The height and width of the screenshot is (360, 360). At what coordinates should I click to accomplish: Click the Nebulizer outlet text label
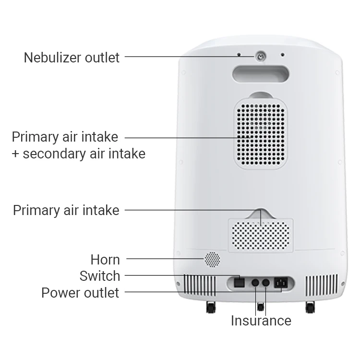tap(72, 58)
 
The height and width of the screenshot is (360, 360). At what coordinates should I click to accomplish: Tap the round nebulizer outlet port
tap(260, 56)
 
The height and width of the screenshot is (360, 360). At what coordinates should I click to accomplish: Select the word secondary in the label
tap(65, 154)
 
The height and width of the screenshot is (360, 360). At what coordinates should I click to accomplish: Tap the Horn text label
tap(105, 260)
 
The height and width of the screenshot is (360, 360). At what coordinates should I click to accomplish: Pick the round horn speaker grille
tap(212, 259)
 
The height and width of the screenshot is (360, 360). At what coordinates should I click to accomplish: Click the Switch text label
tap(100, 276)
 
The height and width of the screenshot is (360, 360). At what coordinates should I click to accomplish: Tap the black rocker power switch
tap(239, 283)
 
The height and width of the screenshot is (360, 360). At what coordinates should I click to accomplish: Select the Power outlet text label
tap(80, 292)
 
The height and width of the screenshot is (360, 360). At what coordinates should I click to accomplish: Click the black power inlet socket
tap(281, 283)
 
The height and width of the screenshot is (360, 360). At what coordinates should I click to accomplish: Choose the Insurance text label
tap(261, 321)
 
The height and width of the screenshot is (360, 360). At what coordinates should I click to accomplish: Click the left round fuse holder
tap(255, 283)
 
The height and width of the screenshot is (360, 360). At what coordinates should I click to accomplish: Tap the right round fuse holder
tap(265, 283)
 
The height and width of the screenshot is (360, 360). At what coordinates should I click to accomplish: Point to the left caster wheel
tap(211, 307)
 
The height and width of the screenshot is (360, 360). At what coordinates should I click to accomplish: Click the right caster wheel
tap(310, 307)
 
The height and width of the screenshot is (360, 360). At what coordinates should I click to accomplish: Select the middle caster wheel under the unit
tap(261, 306)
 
